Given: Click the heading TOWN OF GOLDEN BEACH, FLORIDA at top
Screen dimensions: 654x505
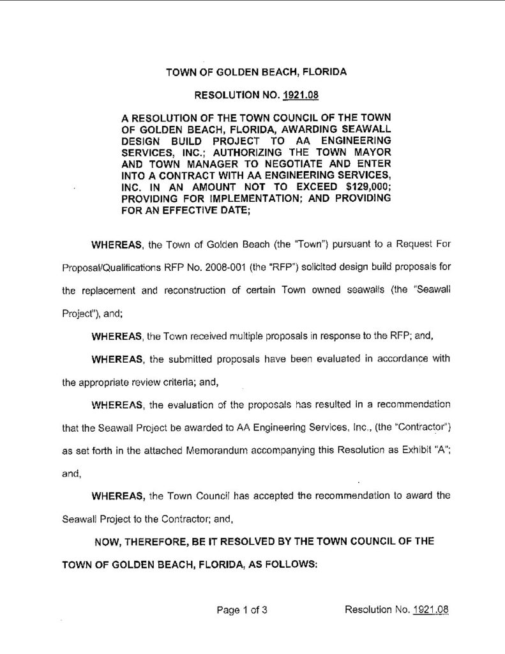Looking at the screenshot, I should tap(256, 72).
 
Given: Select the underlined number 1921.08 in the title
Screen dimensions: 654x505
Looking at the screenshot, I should tap(301, 96).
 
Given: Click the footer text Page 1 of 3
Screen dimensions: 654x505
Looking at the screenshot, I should tap(241, 609).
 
